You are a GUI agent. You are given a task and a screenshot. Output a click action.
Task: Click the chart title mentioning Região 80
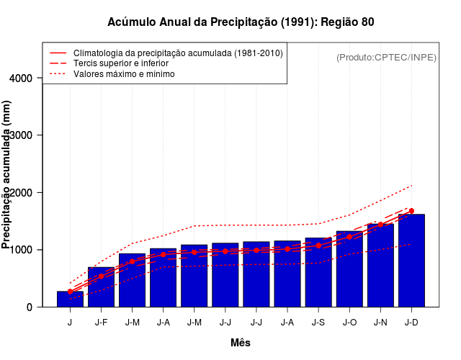click(x=241, y=22)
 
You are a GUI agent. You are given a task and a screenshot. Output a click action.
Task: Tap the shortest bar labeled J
click(x=70, y=299)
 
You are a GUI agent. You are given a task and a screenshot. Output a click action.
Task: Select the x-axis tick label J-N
click(x=380, y=323)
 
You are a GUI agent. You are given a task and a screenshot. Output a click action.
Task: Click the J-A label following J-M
click(x=163, y=323)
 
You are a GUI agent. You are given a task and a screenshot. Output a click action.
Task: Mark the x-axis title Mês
click(x=241, y=343)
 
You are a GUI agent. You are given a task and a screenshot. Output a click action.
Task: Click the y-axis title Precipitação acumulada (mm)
click(x=7, y=175)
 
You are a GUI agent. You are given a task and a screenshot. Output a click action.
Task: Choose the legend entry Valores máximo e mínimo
click(x=123, y=73)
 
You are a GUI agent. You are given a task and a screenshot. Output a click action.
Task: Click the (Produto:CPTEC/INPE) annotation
click(x=386, y=57)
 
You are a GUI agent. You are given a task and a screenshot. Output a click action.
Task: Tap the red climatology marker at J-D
click(x=411, y=211)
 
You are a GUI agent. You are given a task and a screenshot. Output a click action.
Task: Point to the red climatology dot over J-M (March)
click(x=132, y=261)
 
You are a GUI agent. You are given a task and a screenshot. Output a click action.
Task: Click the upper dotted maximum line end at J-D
click(x=411, y=185)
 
